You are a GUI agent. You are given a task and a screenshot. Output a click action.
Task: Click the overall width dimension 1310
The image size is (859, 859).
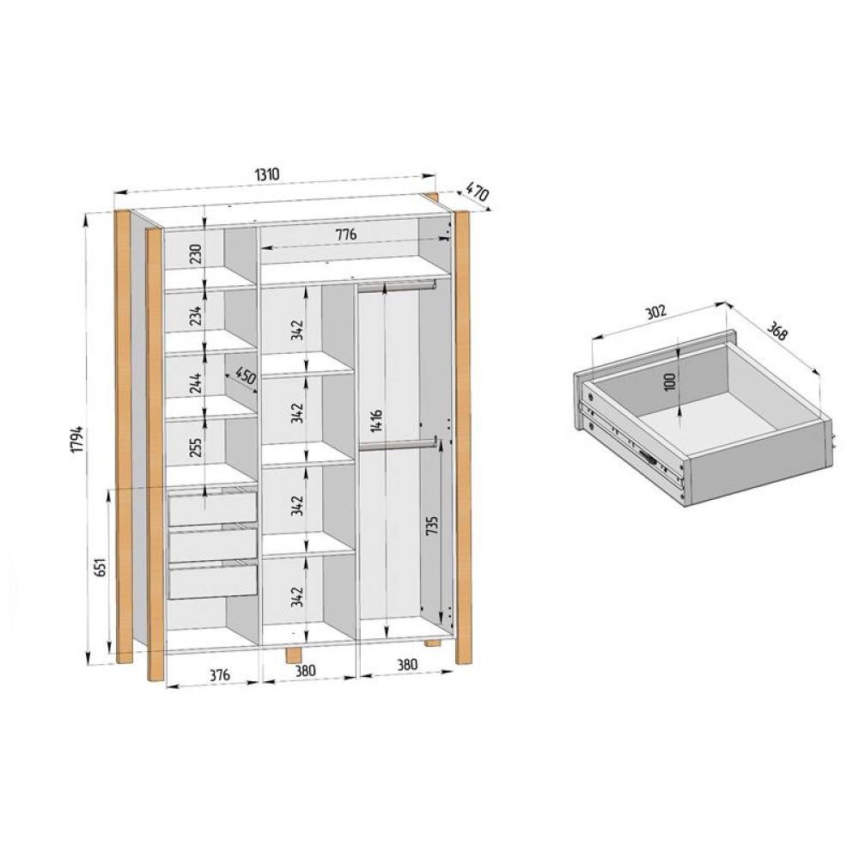pyautogui.click(x=266, y=174)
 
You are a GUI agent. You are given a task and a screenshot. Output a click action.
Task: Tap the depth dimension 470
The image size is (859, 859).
pyautogui.click(x=478, y=193)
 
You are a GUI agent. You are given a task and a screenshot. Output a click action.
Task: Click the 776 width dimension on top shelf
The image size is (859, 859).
pyautogui.click(x=345, y=235)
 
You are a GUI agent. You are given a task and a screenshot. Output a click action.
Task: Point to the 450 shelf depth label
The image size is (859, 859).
pyautogui.click(x=245, y=378)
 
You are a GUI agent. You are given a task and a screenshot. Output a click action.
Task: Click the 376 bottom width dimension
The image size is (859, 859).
pyautogui.click(x=220, y=675)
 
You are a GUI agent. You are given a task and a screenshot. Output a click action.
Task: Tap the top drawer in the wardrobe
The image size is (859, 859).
pyautogui.click(x=212, y=508)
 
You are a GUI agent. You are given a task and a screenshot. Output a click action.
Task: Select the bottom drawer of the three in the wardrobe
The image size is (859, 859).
pyautogui.click(x=212, y=581)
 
